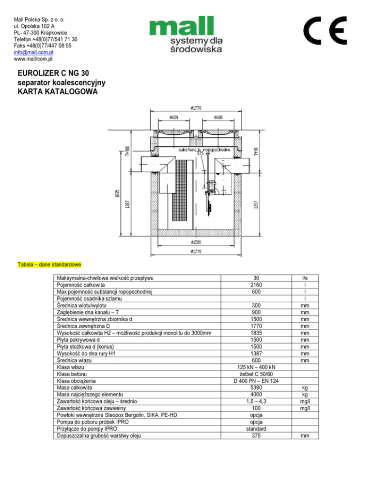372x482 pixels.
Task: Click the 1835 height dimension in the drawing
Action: point(117,193)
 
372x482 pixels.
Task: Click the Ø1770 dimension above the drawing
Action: point(195,109)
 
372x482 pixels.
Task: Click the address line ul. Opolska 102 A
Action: point(34,26)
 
